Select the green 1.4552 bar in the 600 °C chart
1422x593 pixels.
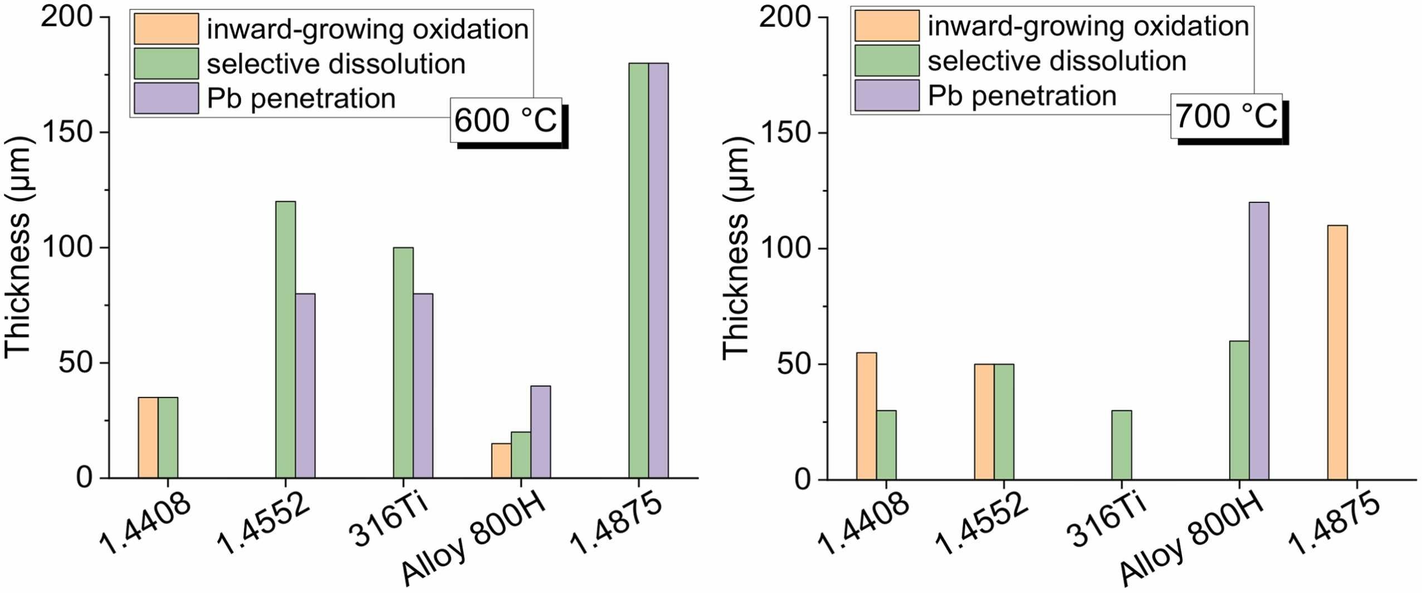coord(286,339)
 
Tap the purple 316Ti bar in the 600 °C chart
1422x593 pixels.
coord(423,385)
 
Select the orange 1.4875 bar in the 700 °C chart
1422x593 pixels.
coord(1337,352)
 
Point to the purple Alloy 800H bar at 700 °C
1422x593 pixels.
coord(1259,340)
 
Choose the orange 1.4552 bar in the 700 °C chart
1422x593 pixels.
coord(984,422)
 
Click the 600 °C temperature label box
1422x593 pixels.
coord(506,120)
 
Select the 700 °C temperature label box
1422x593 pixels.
coord(1226,116)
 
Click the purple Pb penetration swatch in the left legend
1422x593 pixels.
coord(167,99)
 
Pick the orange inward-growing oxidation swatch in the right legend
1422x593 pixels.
coord(887,26)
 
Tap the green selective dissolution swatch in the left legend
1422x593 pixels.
coord(167,63)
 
